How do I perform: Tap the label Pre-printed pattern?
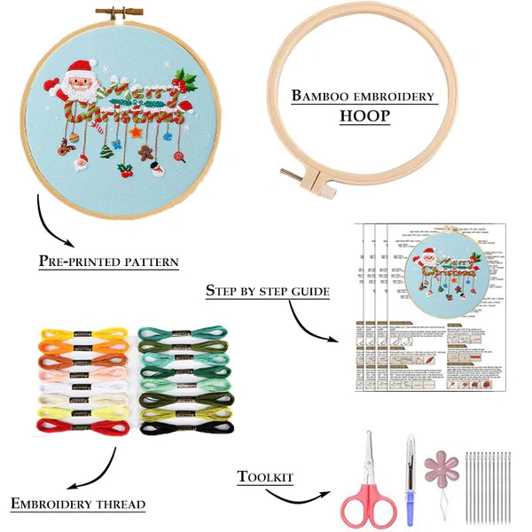pos(108,262)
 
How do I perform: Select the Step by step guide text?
pos(267,290)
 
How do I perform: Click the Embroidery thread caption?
pos(78,504)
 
